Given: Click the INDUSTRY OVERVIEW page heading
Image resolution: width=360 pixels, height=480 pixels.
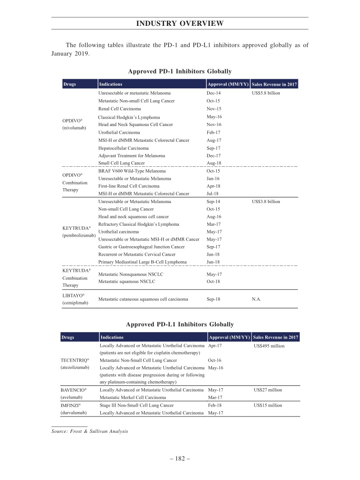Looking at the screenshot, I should coord(180,24).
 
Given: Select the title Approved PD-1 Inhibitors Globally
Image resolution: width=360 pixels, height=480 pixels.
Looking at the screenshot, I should coord(180,71).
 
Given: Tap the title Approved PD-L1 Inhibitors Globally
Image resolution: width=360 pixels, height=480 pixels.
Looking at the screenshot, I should coord(180,324).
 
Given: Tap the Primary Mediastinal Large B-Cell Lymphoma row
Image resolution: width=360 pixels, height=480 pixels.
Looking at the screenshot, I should coord(142,262).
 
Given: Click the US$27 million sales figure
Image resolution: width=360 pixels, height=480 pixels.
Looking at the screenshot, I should coord(268,390).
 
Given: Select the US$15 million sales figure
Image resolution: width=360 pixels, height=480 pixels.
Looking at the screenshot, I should coord(268,405).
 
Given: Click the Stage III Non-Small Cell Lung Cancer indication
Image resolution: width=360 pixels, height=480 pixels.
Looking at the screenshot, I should coord(136,405).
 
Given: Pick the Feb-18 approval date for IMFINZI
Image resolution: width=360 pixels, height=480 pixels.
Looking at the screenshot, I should coord(215,405).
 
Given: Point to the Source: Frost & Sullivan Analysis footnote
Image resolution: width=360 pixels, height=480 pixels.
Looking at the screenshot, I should coord(90,431).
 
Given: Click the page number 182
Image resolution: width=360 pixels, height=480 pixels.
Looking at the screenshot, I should coord(180,459).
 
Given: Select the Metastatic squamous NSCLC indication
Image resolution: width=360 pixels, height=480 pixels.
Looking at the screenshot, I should coord(126,281).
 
